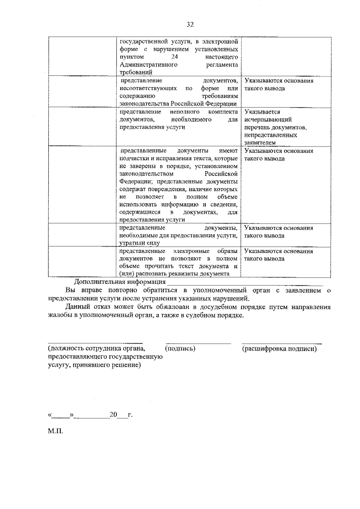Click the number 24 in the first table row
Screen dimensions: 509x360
click(175, 57)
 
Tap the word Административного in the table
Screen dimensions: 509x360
click(148, 64)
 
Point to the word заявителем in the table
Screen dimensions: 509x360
click(260, 143)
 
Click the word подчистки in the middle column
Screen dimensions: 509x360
click(133, 158)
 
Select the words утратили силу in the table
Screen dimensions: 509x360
click(139, 243)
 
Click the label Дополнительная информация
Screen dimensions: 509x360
click(120, 282)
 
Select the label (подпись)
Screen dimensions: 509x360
click(180, 349)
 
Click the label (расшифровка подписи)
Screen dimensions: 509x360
click(279, 349)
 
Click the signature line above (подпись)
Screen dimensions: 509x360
click(198, 343)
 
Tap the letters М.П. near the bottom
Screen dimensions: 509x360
click(55, 432)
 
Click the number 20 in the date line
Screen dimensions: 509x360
click(113, 415)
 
